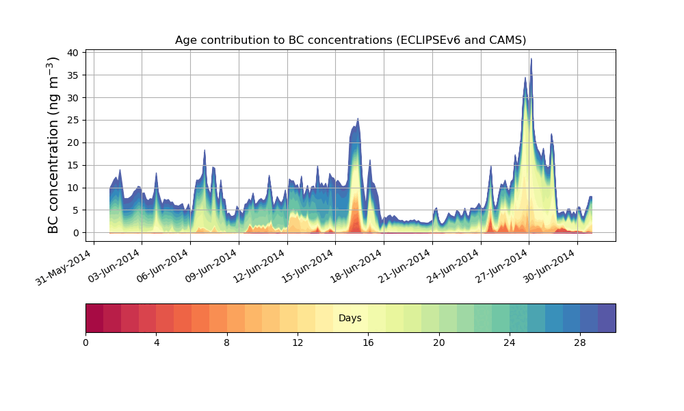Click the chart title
[350, 40]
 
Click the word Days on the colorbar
[350, 319]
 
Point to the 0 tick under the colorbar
[85, 342]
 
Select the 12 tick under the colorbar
[298, 342]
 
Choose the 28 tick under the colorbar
[580, 342]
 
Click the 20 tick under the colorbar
[438, 342]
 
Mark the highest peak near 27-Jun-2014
[531, 59]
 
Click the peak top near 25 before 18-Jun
[358, 119]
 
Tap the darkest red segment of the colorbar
[94, 318]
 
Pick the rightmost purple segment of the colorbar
[607, 318]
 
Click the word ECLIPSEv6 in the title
[428, 40]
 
